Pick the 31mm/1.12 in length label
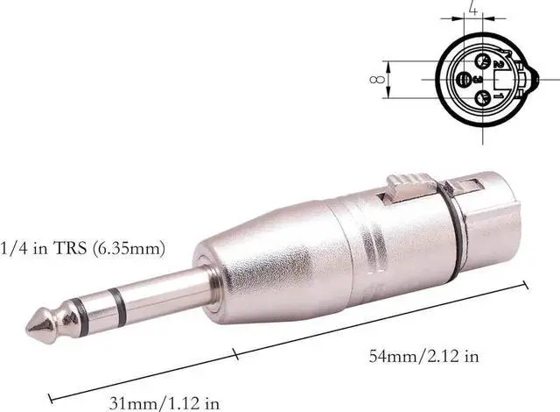point(164,403)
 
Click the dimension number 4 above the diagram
point(472,11)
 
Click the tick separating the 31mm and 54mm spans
point(237,355)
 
